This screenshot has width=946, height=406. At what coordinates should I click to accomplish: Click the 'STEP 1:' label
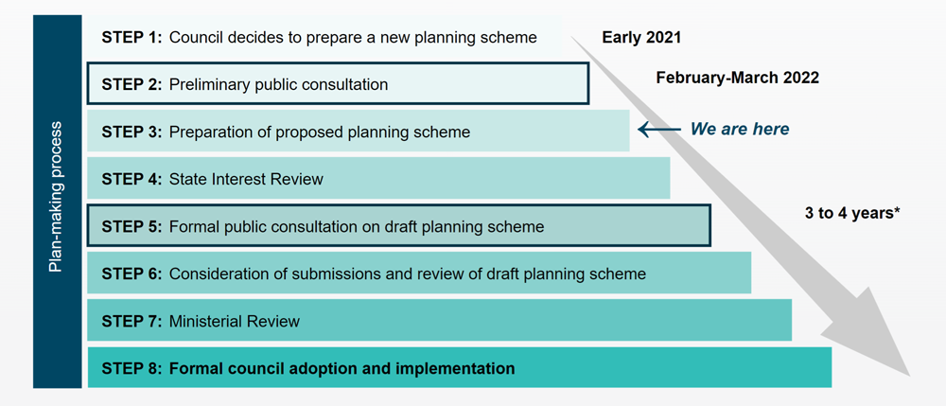132,38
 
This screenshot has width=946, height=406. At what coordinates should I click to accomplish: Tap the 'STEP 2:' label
132,84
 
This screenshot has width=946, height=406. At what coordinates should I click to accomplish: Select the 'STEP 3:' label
132,132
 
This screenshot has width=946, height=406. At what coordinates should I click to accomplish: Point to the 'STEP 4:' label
132,179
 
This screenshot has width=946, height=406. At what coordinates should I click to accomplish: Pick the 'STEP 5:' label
132,227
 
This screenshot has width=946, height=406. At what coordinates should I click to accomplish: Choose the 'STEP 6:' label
132,274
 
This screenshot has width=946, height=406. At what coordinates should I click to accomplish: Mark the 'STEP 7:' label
132,321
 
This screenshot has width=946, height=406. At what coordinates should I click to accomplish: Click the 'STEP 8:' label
132,368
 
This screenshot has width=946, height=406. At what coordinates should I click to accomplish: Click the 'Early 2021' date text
641,38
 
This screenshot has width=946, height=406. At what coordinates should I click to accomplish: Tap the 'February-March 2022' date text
737,78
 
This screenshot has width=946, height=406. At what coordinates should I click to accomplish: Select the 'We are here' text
740,129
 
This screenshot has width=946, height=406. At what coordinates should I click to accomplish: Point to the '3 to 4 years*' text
852,214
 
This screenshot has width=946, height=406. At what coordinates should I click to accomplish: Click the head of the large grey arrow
876,338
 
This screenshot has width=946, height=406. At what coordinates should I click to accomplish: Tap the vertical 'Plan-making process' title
56,197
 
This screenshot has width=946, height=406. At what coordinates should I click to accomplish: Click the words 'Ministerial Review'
234,321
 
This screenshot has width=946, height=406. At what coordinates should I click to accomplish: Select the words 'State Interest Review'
246,179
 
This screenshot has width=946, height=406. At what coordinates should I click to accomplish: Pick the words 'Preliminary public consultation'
278,84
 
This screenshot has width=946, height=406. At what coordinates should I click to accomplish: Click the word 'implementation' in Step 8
462,368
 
